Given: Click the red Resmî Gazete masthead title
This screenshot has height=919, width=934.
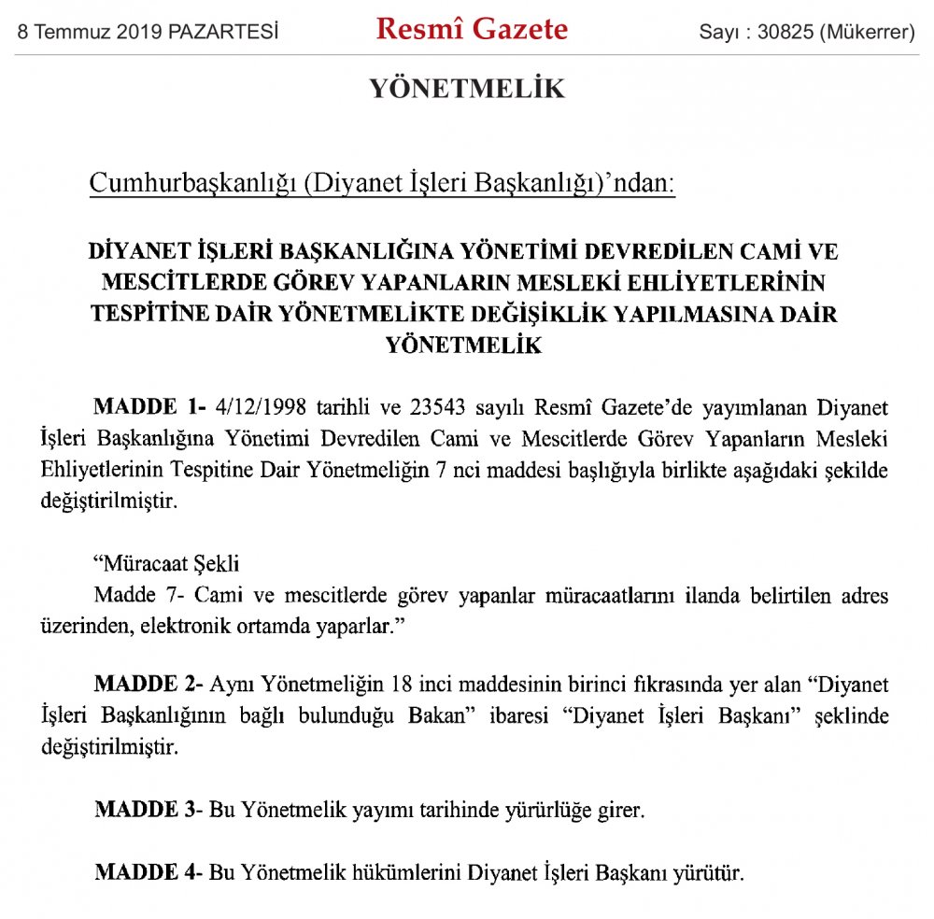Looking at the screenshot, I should (x=472, y=30).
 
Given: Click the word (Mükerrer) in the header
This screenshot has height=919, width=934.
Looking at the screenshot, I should (x=866, y=33).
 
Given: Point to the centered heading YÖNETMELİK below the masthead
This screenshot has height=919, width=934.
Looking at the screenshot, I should (x=467, y=89).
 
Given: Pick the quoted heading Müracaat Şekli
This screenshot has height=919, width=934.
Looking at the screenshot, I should (x=154, y=564).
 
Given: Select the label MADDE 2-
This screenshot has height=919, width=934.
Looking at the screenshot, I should (x=149, y=685).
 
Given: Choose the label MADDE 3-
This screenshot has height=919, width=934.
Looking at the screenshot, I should (x=149, y=810).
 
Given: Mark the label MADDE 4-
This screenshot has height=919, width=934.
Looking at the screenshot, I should (x=149, y=873).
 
